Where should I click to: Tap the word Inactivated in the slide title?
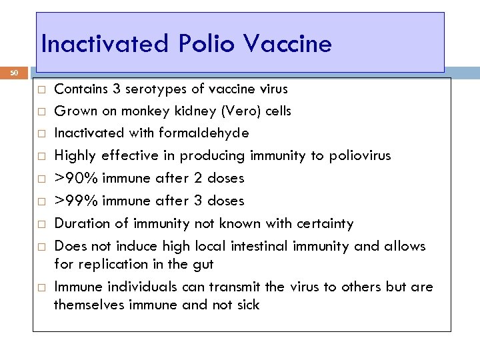tap(105, 44)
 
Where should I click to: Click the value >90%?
tap(75, 178)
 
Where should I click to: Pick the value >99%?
tap(75, 201)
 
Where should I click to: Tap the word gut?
tap(202, 264)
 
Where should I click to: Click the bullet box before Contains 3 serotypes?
tap(41, 89)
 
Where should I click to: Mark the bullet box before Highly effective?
tap(41, 156)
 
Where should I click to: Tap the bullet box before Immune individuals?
tap(41, 287)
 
